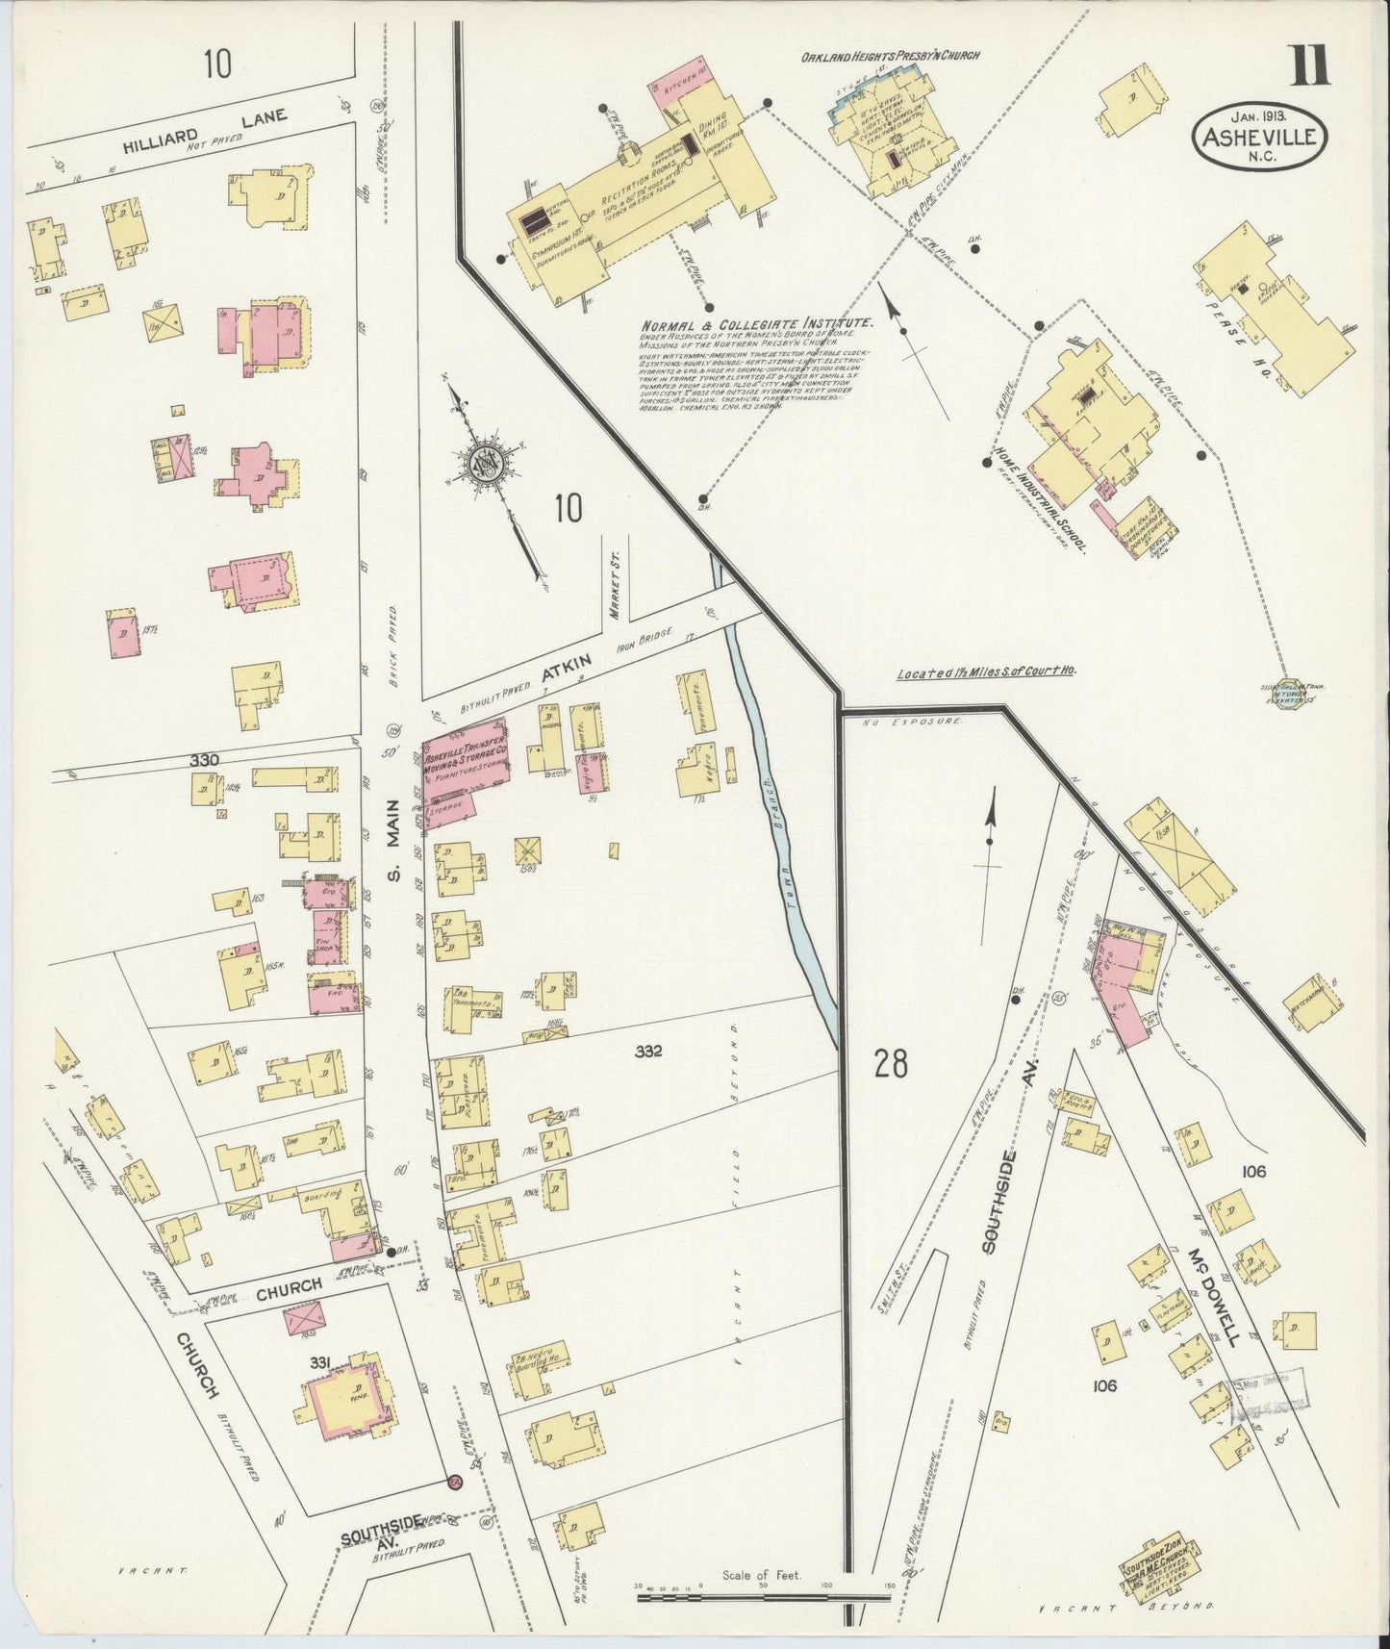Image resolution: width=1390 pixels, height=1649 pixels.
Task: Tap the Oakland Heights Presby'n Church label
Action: point(890,57)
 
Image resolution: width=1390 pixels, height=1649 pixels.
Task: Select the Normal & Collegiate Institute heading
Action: point(757,324)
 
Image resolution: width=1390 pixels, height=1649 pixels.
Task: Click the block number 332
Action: point(648,1053)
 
